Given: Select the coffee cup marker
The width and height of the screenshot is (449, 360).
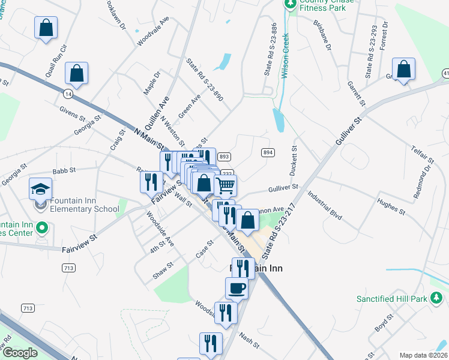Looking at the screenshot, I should (237, 288).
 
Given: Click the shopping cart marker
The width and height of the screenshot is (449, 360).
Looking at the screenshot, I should (225, 185).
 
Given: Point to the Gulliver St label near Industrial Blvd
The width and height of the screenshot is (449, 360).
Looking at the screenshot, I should (284, 188).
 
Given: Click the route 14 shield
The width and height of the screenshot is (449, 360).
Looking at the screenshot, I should (67, 94).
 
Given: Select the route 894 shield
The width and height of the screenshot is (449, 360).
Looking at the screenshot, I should (268, 153).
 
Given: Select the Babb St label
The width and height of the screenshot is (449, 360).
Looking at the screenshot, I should (63, 170).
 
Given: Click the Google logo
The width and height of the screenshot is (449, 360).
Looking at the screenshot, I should (19, 353).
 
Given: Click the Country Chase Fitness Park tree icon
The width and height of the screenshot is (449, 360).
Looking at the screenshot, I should (291, 4).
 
